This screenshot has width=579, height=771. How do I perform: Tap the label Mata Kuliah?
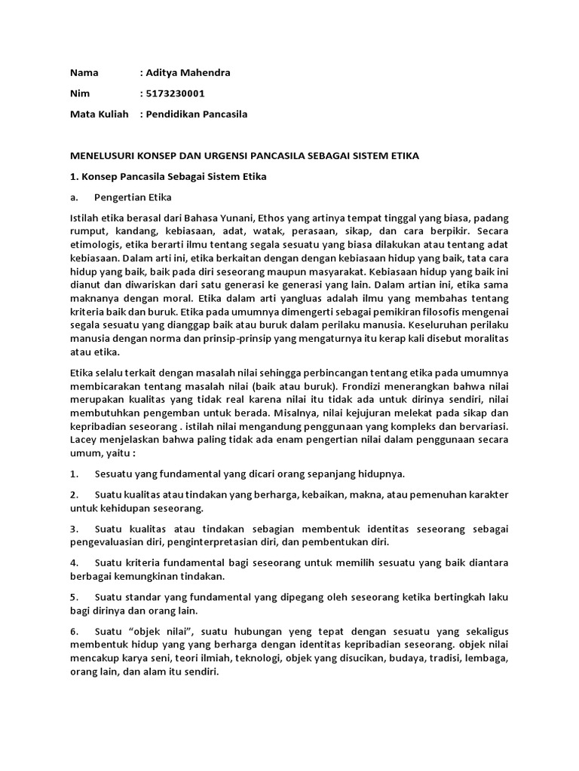point(97,114)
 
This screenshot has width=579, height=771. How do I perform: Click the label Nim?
point(80,93)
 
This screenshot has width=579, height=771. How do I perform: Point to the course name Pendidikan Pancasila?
point(197,114)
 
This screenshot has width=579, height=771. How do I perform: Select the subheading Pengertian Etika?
point(133,197)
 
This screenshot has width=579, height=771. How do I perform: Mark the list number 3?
point(74,529)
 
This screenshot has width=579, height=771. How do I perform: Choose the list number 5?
point(74,597)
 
